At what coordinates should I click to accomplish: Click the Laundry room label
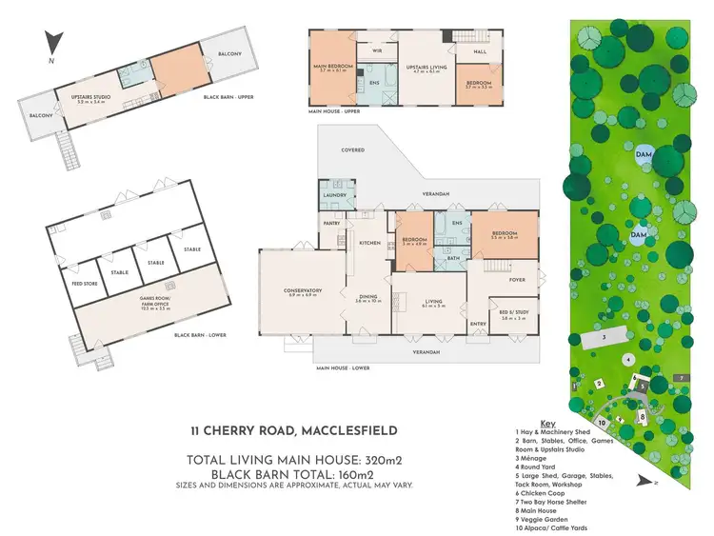335,195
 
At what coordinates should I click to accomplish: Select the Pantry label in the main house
331,223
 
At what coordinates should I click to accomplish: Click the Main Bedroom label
333,67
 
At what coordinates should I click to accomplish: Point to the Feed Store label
70,283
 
